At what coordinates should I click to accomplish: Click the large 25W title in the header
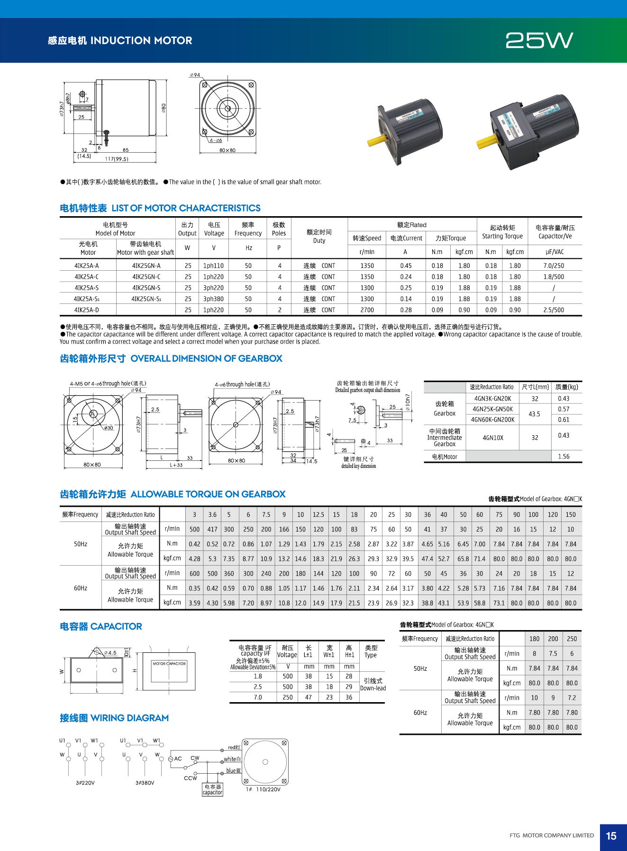539,41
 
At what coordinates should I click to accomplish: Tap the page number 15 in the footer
611,836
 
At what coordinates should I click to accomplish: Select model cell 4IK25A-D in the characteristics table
87,310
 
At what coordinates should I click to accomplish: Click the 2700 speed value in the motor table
367,310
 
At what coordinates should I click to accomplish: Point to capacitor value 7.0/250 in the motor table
554,266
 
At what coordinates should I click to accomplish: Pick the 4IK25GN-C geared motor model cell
146,277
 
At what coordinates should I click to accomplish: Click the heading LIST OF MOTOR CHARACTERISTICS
186,208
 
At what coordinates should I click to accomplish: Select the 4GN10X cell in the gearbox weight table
492,438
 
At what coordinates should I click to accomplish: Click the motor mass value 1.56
563,457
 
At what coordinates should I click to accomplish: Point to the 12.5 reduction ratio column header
318,514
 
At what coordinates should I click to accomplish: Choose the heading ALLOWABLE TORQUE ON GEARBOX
208,494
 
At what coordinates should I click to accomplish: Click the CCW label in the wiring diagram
191,778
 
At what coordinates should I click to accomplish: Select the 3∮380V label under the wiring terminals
145,783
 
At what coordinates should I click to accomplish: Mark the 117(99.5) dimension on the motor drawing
117,159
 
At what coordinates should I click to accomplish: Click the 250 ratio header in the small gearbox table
572,639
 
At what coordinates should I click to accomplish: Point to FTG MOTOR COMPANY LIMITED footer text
552,835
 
